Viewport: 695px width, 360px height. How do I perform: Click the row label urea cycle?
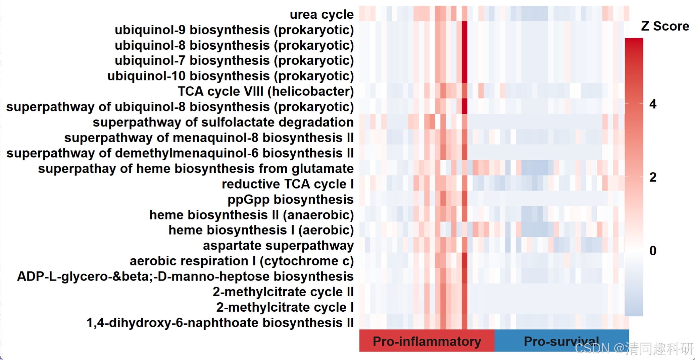tap(321, 14)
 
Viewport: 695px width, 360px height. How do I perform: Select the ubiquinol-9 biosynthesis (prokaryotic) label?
tap(234, 30)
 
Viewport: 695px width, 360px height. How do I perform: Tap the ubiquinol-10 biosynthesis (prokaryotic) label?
tap(230, 76)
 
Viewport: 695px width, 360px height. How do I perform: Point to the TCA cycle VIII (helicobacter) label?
tap(265, 91)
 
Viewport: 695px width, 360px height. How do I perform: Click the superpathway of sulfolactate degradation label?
tap(223, 122)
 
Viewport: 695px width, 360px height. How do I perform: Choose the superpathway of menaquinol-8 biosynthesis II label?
tap(209, 138)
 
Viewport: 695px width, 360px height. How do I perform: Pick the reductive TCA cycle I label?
tap(288, 184)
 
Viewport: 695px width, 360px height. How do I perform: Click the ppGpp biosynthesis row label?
tap(290, 199)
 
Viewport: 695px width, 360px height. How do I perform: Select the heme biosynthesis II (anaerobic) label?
tap(251, 215)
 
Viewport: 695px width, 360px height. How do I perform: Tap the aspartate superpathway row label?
tap(278, 246)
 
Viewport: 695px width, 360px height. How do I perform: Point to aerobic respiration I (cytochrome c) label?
tap(242, 261)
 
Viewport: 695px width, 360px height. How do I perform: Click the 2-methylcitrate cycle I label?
tap(285, 307)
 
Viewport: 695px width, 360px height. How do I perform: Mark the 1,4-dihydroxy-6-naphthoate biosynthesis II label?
tap(220, 323)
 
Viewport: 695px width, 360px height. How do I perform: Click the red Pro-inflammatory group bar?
tap(427, 341)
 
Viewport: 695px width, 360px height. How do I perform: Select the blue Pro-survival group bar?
tap(561, 341)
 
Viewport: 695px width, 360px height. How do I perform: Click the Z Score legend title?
tap(665, 26)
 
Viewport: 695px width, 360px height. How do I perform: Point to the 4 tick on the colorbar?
tap(653, 104)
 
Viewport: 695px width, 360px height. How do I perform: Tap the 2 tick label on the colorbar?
tap(653, 177)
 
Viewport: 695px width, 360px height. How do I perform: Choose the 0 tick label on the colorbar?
tap(653, 251)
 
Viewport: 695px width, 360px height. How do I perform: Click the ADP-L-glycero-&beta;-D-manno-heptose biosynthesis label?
tap(185, 276)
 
